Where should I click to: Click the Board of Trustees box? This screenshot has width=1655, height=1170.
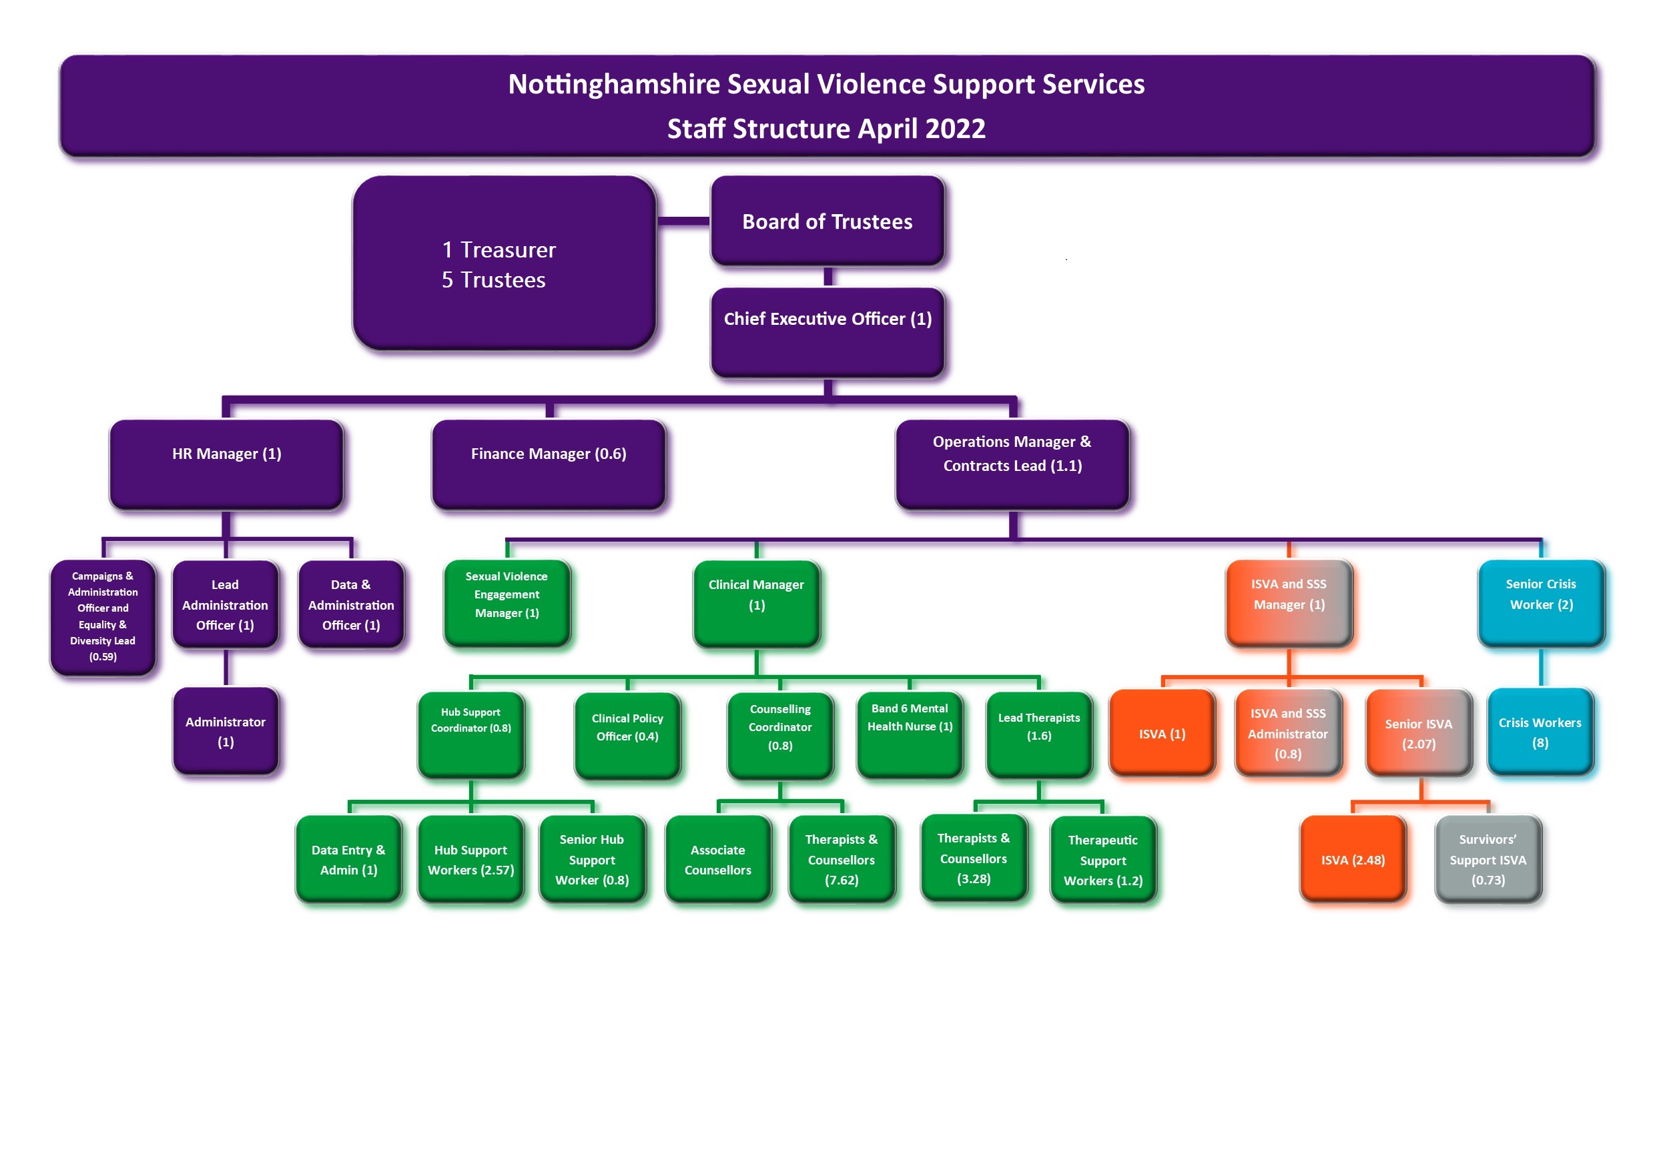coord(827,221)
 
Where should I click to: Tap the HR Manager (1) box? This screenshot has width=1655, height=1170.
coord(226,464)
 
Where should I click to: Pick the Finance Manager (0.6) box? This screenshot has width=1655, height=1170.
coord(549,464)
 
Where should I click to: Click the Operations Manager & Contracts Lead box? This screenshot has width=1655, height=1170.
coord(1012,464)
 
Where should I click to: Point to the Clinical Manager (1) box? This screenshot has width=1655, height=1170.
coord(756,602)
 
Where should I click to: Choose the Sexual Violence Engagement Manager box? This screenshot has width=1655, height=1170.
coord(507,602)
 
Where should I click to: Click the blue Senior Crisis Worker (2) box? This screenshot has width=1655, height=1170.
coord(1540,602)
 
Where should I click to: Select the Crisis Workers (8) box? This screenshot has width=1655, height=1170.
coord(1540,731)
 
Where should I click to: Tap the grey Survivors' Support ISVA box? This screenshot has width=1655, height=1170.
coord(1487,858)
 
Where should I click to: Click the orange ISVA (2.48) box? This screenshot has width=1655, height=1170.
coord(1352,858)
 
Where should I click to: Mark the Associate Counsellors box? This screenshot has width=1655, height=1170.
coord(718,858)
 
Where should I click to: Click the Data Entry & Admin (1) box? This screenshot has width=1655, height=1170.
coord(348,858)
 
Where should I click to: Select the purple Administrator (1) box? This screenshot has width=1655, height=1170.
coord(226,730)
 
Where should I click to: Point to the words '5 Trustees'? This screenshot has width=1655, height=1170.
coord(494,279)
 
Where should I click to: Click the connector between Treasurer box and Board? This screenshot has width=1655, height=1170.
coord(683,221)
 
